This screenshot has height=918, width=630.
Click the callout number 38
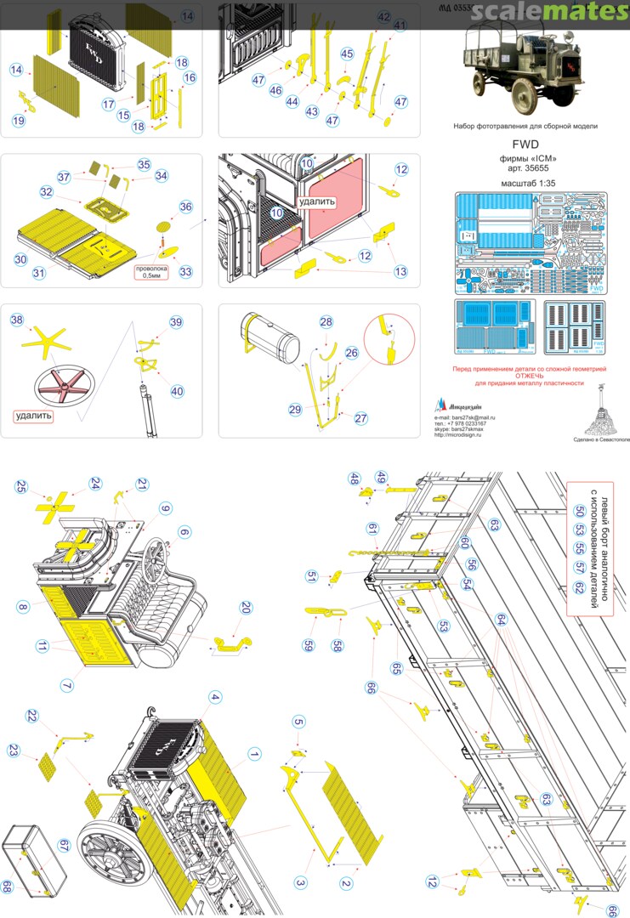point(17,320)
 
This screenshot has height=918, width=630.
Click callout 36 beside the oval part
point(186,207)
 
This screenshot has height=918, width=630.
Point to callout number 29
point(295,410)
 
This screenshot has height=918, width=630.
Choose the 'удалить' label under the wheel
point(34,416)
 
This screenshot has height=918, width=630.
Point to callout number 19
point(18,121)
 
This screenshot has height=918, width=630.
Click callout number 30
point(20,258)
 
